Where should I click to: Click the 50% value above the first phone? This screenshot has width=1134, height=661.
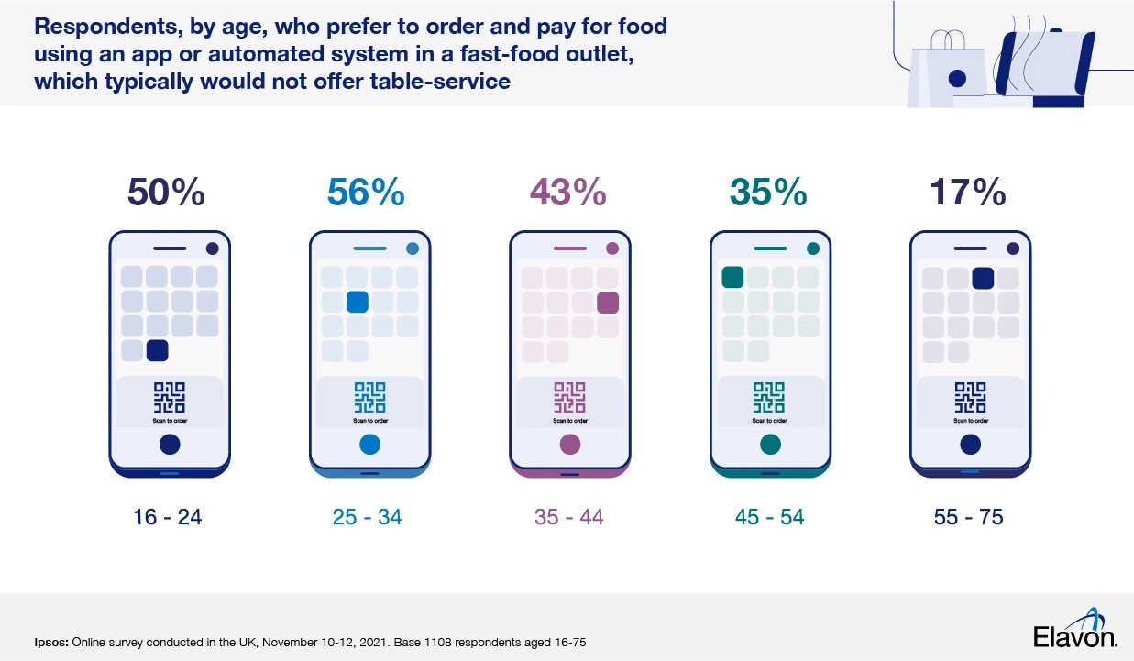point(166,193)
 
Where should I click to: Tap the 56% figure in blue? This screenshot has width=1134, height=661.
point(366,193)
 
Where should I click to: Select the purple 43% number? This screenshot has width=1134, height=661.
point(567,193)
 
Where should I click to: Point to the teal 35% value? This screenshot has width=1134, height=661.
point(768,193)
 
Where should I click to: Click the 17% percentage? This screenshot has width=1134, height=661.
point(968,193)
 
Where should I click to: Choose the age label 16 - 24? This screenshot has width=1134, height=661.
point(167,517)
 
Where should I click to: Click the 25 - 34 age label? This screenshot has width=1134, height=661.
point(367,517)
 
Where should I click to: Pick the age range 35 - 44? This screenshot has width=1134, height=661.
point(568,517)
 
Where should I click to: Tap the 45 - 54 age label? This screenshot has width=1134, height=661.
point(769,517)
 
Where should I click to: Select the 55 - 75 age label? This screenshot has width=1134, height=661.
point(968,517)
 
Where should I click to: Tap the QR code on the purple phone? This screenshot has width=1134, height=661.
point(569,398)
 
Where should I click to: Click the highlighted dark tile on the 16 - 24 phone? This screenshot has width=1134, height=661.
point(158,350)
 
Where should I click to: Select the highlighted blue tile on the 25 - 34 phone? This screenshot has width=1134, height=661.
point(358,302)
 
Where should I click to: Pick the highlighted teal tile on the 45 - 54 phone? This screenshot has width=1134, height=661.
point(732,277)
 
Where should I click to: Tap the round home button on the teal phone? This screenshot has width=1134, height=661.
point(770,445)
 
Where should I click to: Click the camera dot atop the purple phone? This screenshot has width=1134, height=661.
point(612,248)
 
